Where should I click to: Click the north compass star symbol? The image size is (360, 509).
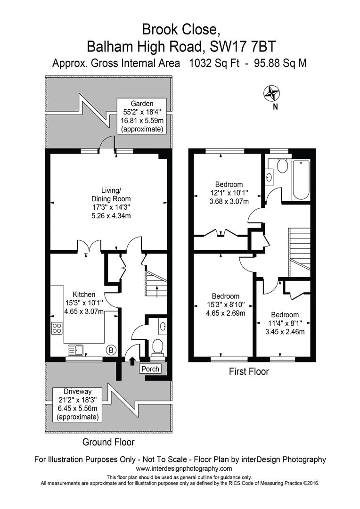click(272, 93)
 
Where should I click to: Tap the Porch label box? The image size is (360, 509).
click(151, 369)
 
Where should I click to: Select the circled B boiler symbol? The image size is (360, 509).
click(111, 350)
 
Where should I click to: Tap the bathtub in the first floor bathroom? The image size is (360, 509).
click(301, 180)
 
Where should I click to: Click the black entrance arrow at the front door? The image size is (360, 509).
click(132, 361)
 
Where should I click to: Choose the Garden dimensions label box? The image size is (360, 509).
click(142, 116)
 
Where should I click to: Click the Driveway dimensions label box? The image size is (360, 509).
click(78, 404)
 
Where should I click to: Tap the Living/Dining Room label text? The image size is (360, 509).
click(111, 194)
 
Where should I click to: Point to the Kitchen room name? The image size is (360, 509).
click(84, 295)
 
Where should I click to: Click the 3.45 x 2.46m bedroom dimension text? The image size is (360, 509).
click(285, 332)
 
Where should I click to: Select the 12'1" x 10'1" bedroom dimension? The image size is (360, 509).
click(229, 193)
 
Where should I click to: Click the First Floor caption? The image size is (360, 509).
click(249, 371)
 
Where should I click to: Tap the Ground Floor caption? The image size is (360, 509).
click(108, 442)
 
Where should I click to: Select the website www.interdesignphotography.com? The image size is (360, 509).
click(184, 468)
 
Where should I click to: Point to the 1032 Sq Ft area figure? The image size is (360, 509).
click(214, 63)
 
